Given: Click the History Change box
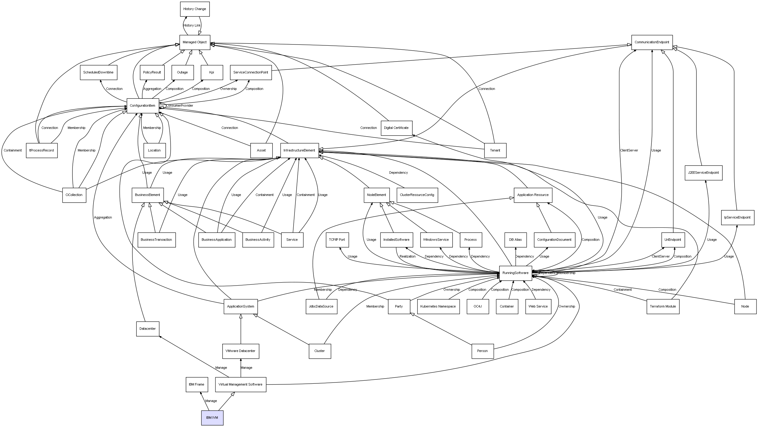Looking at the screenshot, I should click(x=195, y=9).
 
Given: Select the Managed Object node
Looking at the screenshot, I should click(x=195, y=42).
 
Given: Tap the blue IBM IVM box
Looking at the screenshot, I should click(x=212, y=418).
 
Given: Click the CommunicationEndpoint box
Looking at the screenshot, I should click(x=652, y=42).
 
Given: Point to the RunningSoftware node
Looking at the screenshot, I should click(x=515, y=273).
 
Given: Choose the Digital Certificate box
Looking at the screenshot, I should click(x=396, y=128).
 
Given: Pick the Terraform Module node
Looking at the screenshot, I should click(x=663, y=306).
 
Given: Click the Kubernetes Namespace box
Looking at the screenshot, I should click(x=438, y=306).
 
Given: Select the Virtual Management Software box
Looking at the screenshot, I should click(x=240, y=384).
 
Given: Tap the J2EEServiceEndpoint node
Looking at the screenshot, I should click(x=703, y=173).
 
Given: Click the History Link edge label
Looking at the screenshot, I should click(x=192, y=26).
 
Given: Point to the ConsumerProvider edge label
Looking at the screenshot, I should click(x=180, y=106).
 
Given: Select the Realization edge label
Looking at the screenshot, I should click(x=407, y=256).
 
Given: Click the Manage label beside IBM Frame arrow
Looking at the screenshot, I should click(x=211, y=401).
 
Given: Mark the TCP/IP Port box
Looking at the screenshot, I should click(x=337, y=240).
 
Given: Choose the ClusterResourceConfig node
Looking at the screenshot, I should click(x=417, y=195).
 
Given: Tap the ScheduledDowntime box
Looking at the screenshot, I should click(x=98, y=72).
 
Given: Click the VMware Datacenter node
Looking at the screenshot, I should click(x=240, y=351).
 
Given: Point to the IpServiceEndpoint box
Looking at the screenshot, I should click(x=737, y=217).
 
